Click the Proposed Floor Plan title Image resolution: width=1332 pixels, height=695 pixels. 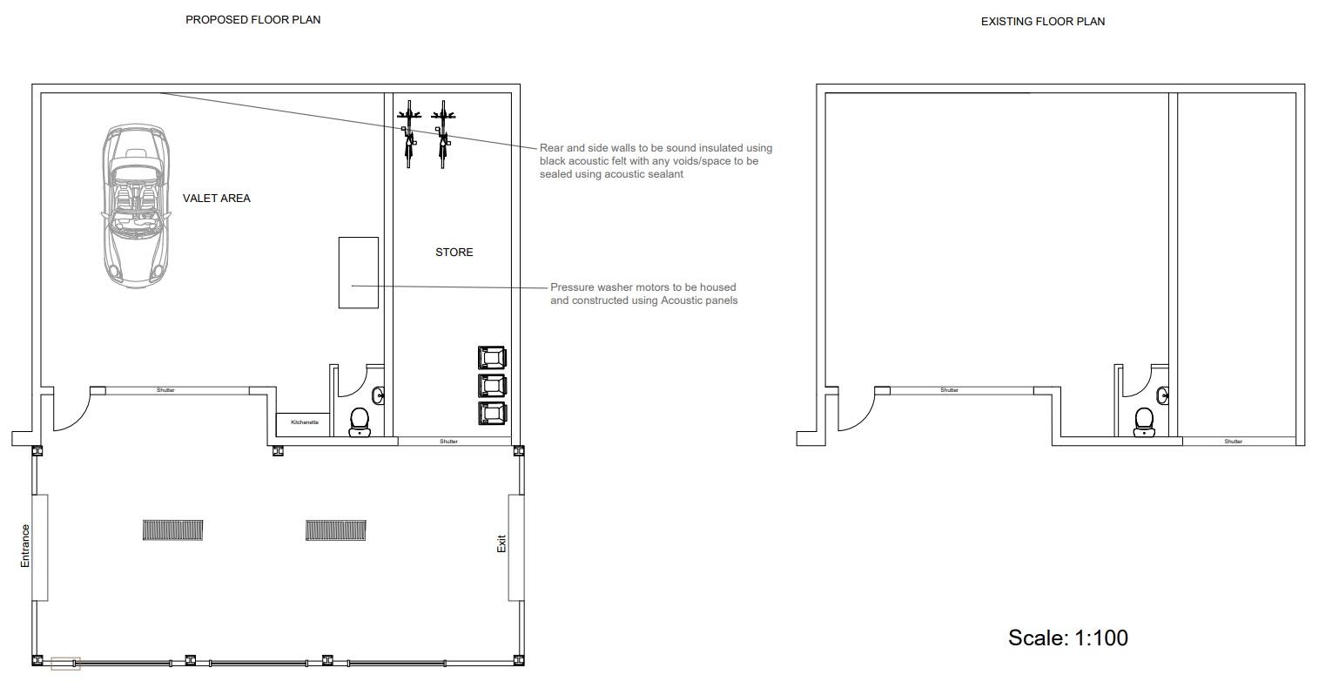(252, 20)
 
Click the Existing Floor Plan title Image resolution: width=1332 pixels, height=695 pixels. (1043, 22)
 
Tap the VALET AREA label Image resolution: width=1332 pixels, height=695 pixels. (217, 199)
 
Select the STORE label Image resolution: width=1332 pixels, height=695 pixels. (454, 253)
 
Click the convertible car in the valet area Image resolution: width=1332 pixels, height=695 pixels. (136, 206)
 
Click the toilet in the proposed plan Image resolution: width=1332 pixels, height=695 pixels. (360, 422)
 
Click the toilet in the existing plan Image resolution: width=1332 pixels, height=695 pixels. (1144, 422)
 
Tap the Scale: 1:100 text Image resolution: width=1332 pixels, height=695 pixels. (1068, 638)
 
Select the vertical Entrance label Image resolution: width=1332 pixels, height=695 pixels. (25, 546)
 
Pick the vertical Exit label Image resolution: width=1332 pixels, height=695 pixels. (501, 543)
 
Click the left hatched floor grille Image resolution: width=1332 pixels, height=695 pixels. (172, 530)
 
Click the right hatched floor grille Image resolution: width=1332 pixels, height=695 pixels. (336, 530)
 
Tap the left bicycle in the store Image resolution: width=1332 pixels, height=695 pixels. (409, 134)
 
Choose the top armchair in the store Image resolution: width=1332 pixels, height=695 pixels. (493, 358)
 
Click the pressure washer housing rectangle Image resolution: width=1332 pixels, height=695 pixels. (359, 273)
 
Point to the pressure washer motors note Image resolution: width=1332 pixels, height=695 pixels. (644, 294)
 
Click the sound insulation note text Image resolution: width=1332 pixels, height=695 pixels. (656, 160)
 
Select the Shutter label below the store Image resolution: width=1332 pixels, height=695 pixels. (449, 442)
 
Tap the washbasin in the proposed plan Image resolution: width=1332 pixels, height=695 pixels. (379, 395)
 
